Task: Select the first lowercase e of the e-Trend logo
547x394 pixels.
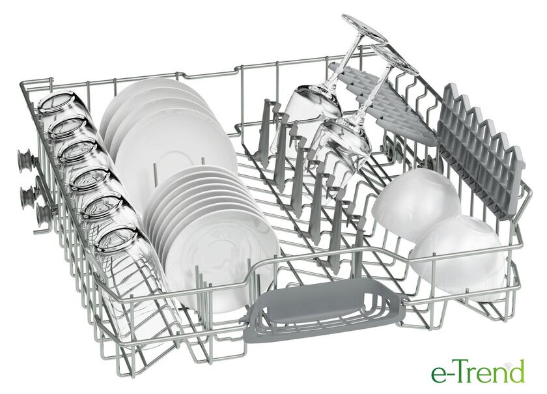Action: click(438, 376)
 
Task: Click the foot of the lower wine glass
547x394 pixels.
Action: click(394, 59)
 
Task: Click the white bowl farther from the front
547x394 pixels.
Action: click(416, 204)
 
